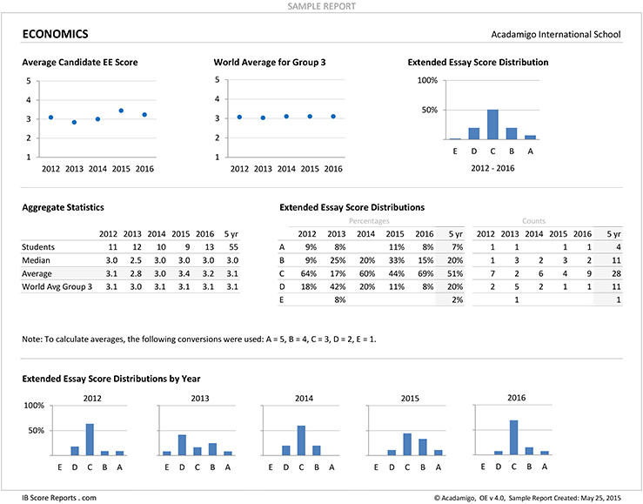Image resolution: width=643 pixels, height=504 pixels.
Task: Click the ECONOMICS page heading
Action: pos(55,34)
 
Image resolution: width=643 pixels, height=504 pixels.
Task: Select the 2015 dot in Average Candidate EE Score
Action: pos(121,111)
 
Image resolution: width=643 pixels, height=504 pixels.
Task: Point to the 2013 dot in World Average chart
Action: pos(263,118)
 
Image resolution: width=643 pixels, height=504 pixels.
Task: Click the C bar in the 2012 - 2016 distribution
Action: pos(492,124)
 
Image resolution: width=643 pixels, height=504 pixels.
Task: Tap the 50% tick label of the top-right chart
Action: pos(429,110)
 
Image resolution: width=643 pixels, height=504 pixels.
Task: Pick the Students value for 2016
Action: pos(209,247)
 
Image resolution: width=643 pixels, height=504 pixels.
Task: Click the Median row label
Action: pos(36,260)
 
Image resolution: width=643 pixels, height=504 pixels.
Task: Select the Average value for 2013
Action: pos(136,273)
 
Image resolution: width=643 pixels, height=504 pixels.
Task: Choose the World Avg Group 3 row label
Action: pos(57,286)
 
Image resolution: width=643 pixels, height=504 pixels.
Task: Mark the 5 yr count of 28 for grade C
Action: pos(616,273)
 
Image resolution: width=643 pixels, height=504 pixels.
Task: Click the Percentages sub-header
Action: pos(369,221)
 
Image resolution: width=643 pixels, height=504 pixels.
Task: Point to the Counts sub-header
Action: pos(533,221)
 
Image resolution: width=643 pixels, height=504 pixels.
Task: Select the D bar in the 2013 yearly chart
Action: pos(182,445)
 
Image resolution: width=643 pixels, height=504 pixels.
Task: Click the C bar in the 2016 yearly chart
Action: pos(513,438)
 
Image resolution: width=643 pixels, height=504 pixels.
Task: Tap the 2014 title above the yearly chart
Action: pos(304,399)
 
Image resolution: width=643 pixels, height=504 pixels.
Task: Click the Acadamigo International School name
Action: pos(556,35)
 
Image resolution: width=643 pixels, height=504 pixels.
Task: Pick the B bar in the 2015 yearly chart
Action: pos(422,447)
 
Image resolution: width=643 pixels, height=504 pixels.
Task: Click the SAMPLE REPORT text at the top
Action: pos(322,6)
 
